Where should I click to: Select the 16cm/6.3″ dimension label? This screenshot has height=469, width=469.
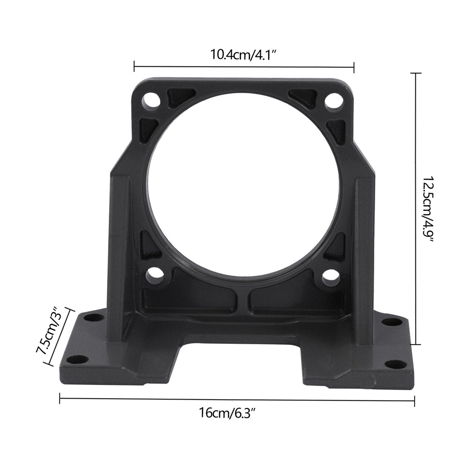tap(227, 414)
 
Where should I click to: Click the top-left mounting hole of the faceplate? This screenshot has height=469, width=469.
tap(151, 99)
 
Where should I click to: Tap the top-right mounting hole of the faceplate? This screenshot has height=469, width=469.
tap(333, 99)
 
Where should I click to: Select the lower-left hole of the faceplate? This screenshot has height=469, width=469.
tap(154, 275)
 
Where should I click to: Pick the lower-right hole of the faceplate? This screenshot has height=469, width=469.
tap(331, 277)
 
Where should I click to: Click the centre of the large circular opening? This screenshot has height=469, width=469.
tap(242, 184)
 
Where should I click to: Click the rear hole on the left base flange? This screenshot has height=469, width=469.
tap(94, 318)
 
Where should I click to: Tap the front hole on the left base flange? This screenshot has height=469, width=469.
tap(77, 360)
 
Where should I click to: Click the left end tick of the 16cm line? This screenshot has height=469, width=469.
tap(60, 398)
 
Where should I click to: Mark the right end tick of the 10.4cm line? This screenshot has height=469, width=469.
tap(354, 67)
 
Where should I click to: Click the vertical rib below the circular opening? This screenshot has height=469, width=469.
tap(242, 300)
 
